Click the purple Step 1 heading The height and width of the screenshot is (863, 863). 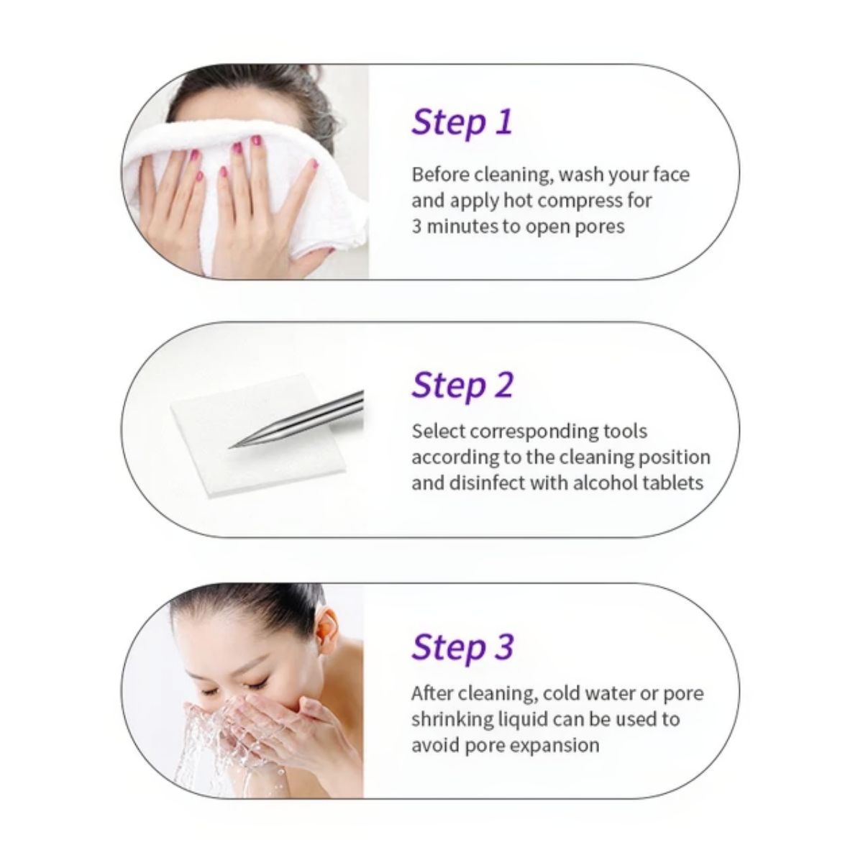click(462, 122)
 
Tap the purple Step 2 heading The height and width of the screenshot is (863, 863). click(462, 385)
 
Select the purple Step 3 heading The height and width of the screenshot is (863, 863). click(462, 647)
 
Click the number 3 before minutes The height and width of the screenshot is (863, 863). click(416, 227)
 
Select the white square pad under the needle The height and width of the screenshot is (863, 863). click(260, 434)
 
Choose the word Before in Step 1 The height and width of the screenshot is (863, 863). click(439, 175)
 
